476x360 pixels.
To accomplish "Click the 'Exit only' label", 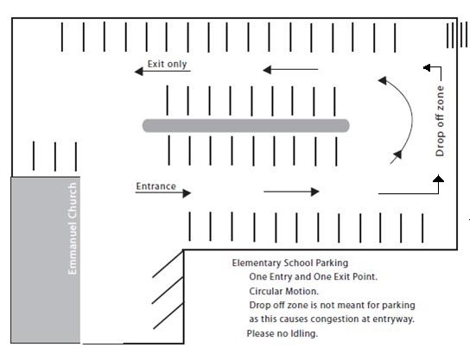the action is (x=167, y=64).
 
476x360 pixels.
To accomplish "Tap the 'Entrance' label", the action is (x=156, y=186).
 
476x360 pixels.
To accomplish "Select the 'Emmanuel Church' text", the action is (x=73, y=228).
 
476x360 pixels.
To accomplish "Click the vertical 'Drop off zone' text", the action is (x=440, y=121).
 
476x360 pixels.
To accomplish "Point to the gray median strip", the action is (x=246, y=125).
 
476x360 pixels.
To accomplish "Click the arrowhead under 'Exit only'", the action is (x=139, y=72).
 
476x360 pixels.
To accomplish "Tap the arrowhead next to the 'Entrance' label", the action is (x=187, y=193).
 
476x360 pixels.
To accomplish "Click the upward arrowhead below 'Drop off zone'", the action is (x=438, y=179).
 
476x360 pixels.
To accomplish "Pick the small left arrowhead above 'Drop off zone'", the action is (x=427, y=67).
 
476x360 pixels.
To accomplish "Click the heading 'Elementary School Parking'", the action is (x=290, y=263).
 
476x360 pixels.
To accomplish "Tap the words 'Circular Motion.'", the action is (x=284, y=291).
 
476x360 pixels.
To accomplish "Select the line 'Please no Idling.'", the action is (x=282, y=333).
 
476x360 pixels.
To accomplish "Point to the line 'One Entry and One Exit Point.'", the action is (x=314, y=276).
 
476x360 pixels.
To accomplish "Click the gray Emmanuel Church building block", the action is (x=46, y=260).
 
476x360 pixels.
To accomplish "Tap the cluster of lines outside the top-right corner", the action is (x=457, y=35).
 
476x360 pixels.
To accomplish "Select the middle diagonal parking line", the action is (x=168, y=290).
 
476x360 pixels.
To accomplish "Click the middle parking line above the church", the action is (x=55, y=156).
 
